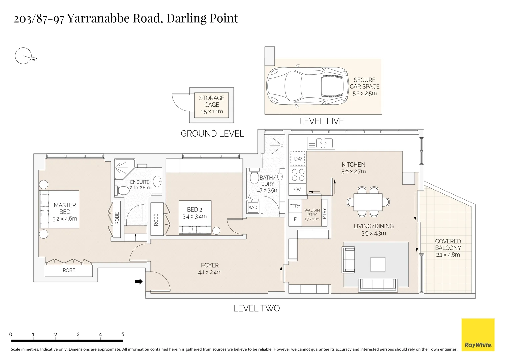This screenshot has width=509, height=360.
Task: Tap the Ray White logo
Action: (x=478, y=335)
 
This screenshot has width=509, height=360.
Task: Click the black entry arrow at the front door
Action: (x=139, y=282)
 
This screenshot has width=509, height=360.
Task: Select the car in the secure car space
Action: (x=307, y=86)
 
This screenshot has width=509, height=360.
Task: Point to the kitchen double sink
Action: (x=321, y=143)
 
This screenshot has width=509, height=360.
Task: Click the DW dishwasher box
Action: (x=298, y=158)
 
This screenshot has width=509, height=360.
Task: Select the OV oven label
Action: (x=297, y=189)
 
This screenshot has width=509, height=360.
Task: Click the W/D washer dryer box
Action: (x=253, y=207)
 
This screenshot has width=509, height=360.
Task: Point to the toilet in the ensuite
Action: (x=122, y=191)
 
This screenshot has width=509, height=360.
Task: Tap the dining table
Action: (x=368, y=202)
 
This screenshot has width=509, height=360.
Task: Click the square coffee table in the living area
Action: (x=378, y=264)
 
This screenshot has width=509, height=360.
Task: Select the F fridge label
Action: (x=295, y=219)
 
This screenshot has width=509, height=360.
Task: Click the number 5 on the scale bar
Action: (x=123, y=334)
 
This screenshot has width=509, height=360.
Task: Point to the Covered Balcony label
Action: (x=448, y=248)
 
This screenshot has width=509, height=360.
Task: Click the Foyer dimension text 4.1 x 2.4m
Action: (x=210, y=272)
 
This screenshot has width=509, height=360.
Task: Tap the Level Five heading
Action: (x=321, y=121)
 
